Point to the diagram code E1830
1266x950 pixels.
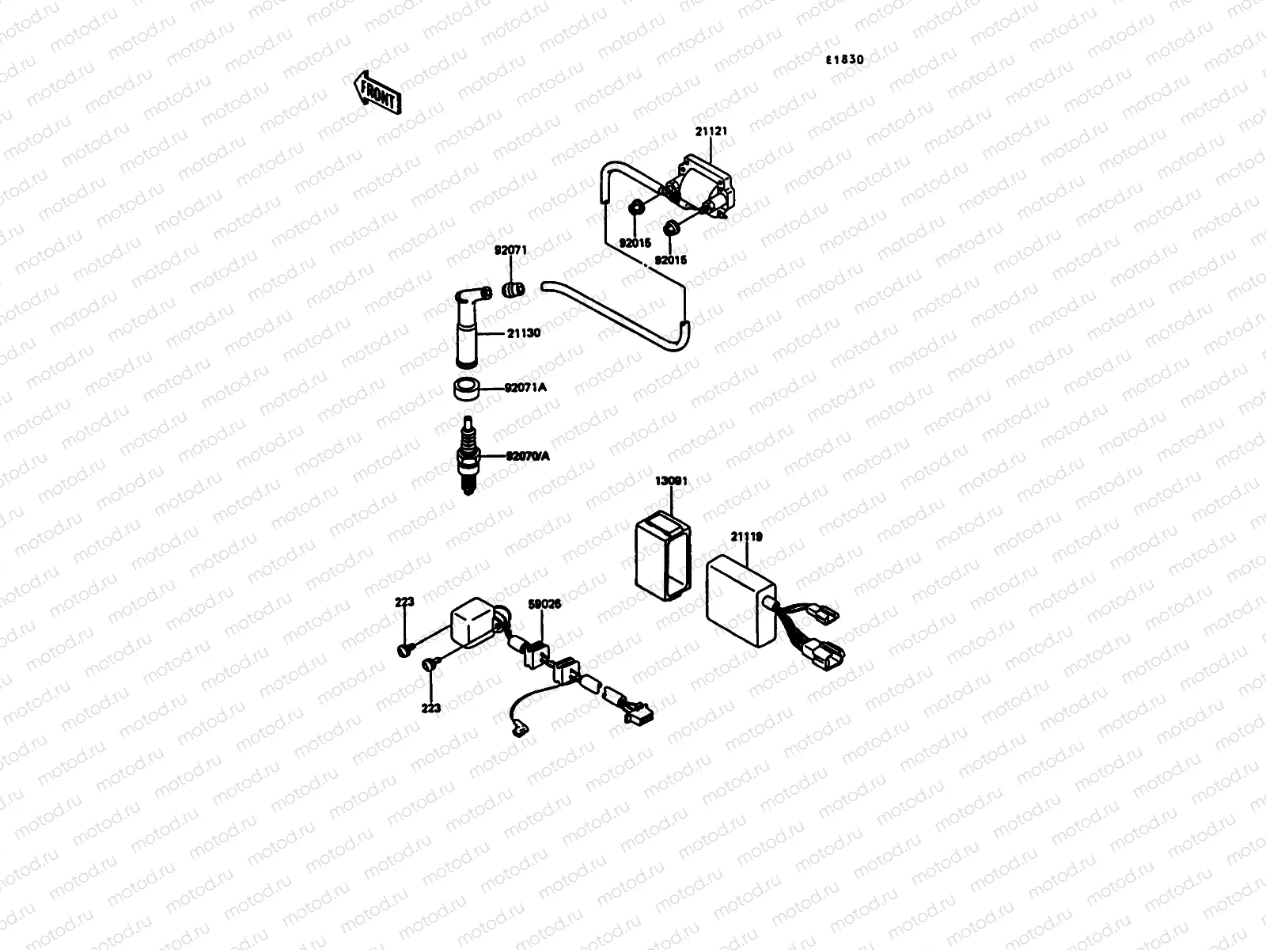pos(844,60)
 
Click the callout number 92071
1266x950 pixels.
pos(510,251)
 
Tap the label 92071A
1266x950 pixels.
pos(525,389)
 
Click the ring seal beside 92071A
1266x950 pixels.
pos(467,389)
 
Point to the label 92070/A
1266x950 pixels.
pos(529,456)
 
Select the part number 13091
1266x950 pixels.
pos(671,481)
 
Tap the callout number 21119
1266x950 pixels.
pos(745,537)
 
